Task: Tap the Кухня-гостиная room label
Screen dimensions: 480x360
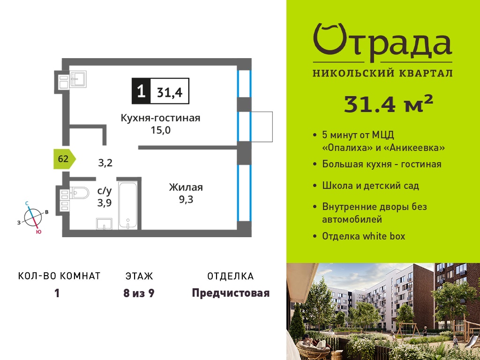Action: pyautogui.click(x=160, y=118)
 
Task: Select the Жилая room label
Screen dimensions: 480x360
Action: pyautogui.click(x=186, y=187)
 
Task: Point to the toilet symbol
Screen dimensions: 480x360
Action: pyautogui.click(x=79, y=193)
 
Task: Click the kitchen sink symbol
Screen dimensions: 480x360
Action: pyautogui.click(x=78, y=79)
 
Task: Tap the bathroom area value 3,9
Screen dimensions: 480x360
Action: pyautogui.click(x=105, y=202)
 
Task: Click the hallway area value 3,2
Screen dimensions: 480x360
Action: pyautogui.click(x=105, y=163)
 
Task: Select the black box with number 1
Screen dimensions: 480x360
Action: pyautogui.click(x=141, y=91)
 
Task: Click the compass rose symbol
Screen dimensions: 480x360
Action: pyautogui.click(x=32, y=217)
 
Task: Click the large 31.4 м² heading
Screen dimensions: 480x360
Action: pyautogui.click(x=389, y=104)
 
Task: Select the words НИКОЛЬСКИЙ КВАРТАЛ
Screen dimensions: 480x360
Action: pyautogui.click(x=382, y=73)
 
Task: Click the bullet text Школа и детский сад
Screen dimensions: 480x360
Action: pyautogui.click(x=370, y=186)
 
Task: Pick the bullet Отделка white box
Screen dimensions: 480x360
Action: pyautogui.click(x=363, y=236)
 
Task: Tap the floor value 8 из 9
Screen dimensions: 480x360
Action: pyautogui.click(x=139, y=293)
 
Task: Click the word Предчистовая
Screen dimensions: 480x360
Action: pyautogui.click(x=231, y=293)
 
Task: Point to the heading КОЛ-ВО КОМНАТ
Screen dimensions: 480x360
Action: pyautogui.click(x=60, y=276)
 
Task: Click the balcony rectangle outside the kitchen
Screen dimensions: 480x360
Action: pyautogui.click(x=262, y=127)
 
